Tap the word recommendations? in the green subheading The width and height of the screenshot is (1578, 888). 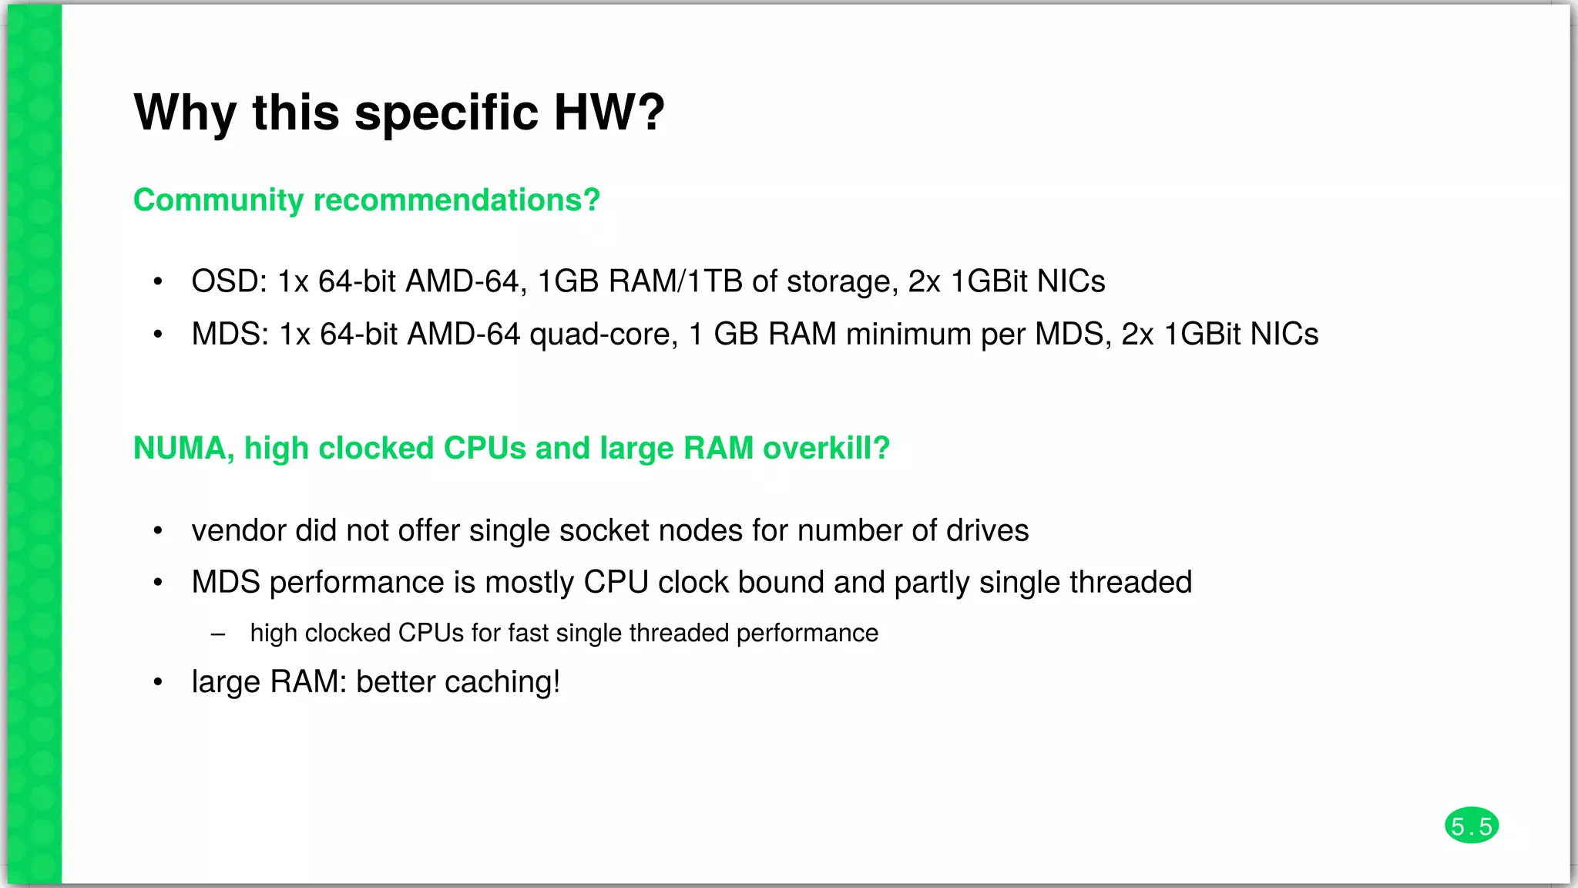tap(456, 200)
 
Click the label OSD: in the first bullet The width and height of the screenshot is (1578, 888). tap(229, 281)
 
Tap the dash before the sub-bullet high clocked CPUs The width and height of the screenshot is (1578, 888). tap(218, 634)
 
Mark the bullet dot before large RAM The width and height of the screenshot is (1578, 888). tap(158, 682)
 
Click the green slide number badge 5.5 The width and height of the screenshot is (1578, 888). tap(1471, 826)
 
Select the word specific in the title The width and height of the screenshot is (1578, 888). tap(446, 113)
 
